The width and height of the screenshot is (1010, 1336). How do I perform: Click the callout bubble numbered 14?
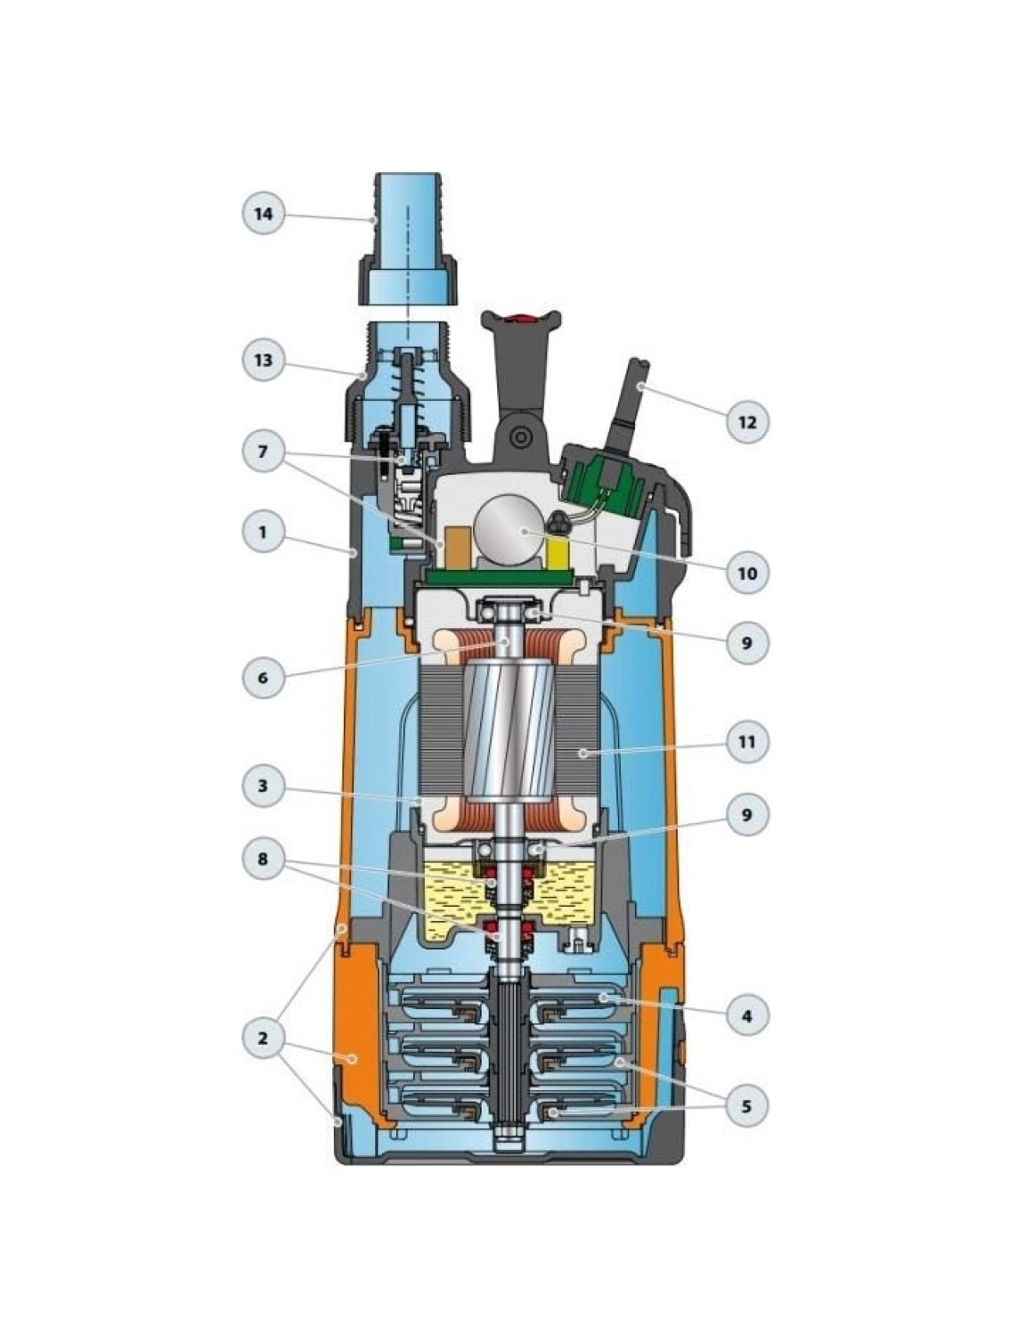click(263, 214)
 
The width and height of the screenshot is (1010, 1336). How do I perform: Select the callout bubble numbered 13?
click(263, 361)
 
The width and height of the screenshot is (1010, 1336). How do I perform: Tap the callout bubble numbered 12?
click(747, 421)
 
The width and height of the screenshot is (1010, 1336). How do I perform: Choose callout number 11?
click(747, 742)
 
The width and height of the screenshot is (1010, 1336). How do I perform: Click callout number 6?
click(263, 677)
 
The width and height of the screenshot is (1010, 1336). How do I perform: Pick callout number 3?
click(263, 786)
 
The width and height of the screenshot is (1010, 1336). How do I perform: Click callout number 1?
click(263, 533)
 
